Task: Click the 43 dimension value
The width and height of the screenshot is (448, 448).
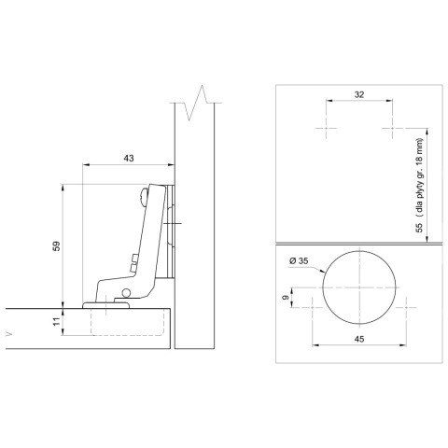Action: (128, 158)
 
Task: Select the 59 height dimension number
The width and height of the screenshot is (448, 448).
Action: (55, 246)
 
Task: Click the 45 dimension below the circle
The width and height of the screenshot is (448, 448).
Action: (359, 339)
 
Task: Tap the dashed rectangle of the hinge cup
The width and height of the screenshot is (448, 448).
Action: (129, 322)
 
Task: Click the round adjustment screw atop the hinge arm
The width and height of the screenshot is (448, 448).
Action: (143, 195)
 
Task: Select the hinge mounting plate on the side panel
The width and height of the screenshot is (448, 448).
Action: (170, 229)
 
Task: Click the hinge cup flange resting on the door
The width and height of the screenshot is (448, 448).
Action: (105, 303)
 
